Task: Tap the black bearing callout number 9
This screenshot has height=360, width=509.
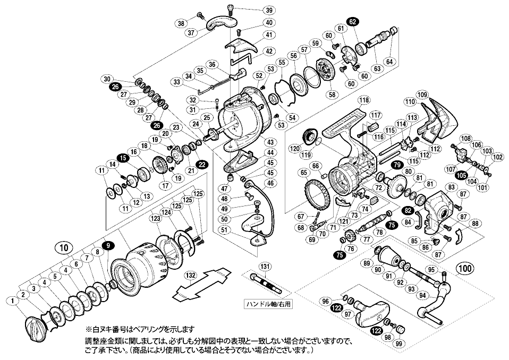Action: click(x=108, y=245)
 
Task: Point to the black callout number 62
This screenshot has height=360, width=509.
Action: click(x=352, y=21)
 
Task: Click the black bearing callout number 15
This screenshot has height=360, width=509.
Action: click(x=123, y=158)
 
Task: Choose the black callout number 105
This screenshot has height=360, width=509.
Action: click(x=462, y=175)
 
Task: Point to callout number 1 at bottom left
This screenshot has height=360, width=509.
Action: click(x=11, y=302)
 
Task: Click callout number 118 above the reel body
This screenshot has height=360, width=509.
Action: click(x=363, y=99)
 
